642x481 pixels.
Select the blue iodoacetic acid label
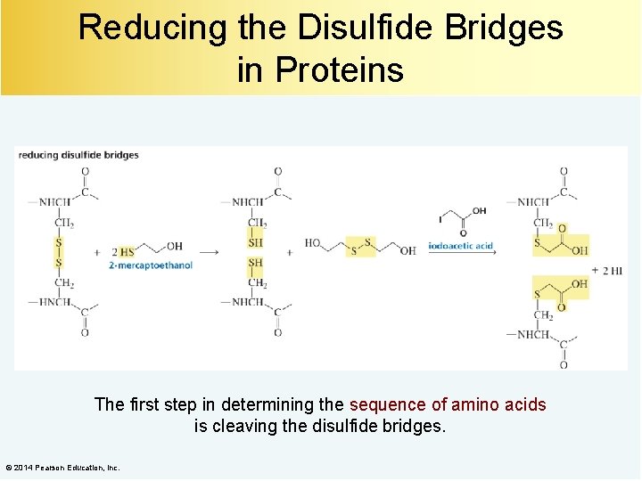coord(461,246)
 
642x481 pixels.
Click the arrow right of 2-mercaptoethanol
coord(207,252)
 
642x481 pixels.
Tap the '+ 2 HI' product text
coord(610,271)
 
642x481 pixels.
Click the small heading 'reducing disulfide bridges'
coord(78,155)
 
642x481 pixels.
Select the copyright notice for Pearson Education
coord(62,468)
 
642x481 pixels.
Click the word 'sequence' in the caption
coord(388,404)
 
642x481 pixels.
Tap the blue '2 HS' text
coord(122,252)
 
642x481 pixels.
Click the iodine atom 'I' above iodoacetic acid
coord(440,218)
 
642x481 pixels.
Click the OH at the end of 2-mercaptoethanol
coord(174,246)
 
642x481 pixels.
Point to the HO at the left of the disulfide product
coord(313,242)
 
